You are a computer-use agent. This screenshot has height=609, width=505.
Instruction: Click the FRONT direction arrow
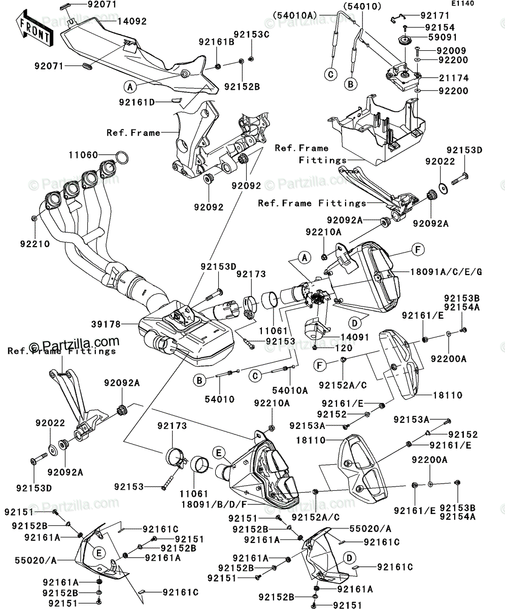point(35,28)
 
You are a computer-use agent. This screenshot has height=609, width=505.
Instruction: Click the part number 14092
point(132,22)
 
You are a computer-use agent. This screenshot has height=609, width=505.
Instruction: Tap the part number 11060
point(83,155)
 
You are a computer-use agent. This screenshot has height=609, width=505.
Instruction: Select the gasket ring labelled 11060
point(122,158)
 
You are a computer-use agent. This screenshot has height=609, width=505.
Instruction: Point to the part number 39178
point(106,324)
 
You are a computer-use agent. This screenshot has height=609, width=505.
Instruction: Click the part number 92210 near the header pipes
point(35,244)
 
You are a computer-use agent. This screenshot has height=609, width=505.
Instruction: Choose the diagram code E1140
point(463,4)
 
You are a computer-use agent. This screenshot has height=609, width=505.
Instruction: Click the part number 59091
point(443,38)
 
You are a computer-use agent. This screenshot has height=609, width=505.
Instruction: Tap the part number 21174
point(454,78)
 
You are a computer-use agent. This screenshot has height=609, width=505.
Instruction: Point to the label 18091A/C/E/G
point(446,272)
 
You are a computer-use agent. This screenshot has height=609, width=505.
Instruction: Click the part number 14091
point(355,337)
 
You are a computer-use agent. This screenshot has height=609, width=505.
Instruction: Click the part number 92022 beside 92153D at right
point(440,161)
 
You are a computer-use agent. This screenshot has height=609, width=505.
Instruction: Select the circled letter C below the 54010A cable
point(330,75)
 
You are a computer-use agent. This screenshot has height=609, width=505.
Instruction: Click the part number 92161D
point(137,103)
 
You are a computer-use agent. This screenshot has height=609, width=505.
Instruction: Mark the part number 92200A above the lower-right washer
point(429,460)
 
